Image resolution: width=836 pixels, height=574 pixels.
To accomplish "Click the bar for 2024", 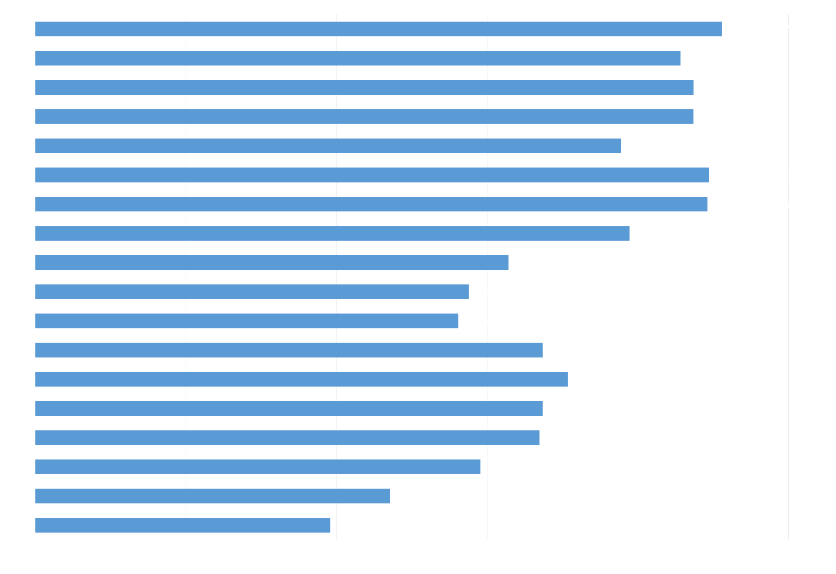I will click(379, 29).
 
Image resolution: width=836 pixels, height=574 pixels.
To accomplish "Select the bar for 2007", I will click(183, 525).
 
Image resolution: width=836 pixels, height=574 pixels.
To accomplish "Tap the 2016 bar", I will click(272, 263).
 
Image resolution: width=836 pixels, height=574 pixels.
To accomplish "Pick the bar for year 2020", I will click(328, 146).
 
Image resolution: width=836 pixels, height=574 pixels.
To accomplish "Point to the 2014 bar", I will click(247, 321).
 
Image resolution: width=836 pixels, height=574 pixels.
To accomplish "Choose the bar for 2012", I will click(302, 379).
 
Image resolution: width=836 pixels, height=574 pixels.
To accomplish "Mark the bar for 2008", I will click(213, 496).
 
